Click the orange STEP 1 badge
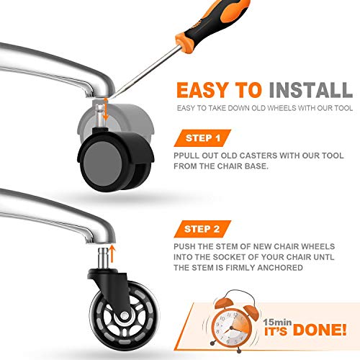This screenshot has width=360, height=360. pyautogui.click(x=202, y=138)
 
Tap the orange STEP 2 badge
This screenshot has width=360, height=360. pyautogui.click(x=202, y=229)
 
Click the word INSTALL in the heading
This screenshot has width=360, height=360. pyautogui.click(x=311, y=90)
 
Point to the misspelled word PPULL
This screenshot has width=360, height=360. pyautogui.click(x=186, y=156)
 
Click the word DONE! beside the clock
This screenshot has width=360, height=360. pyautogui.click(x=320, y=330)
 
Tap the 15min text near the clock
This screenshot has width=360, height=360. pyautogui.click(x=277, y=322)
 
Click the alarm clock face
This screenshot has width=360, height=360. pyautogui.click(x=231, y=327)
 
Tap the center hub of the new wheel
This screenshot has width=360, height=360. pyautogui.click(x=125, y=315)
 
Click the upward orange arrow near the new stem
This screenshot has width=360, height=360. pyautogui.click(x=112, y=253)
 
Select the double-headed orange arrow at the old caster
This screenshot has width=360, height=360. pyautogui.click(x=105, y=109)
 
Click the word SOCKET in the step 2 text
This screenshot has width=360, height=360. pyautogui.click(x=229, y=257)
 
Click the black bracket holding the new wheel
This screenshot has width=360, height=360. pyautogui.click(x=113, y=288)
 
